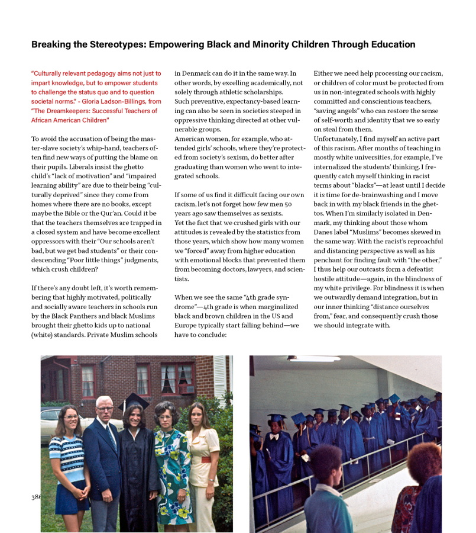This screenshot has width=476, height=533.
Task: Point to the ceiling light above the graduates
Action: [x=314, y=359]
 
